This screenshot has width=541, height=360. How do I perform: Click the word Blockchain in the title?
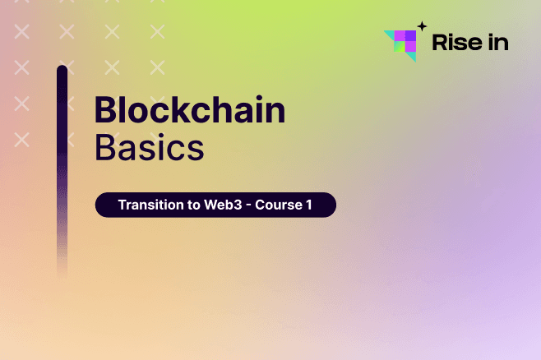190,110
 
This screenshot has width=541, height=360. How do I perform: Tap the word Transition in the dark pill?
149,205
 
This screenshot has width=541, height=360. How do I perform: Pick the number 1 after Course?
308,205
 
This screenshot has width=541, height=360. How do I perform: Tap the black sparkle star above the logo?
422,25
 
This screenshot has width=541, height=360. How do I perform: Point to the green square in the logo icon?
400,46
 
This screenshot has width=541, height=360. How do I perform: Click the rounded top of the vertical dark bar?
62,71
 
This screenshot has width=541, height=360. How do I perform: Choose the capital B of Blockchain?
104,110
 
